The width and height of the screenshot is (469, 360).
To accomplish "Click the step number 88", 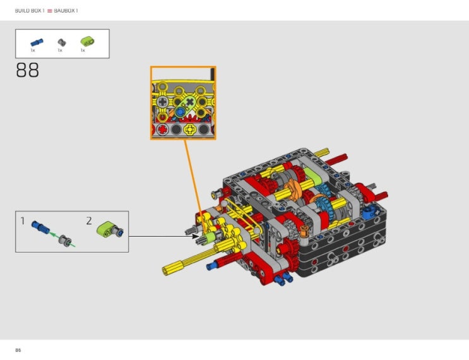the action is (27, 70).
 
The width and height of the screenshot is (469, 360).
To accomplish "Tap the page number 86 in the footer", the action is (18, 350).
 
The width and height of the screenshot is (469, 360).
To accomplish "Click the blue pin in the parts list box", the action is (37, 42).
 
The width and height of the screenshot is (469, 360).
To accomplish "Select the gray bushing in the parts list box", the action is (62, 42).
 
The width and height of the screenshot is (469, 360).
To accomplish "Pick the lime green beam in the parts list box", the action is (87, 42).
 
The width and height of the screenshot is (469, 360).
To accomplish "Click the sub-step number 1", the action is (23, 221).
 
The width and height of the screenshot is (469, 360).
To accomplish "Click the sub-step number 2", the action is (89, 221).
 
